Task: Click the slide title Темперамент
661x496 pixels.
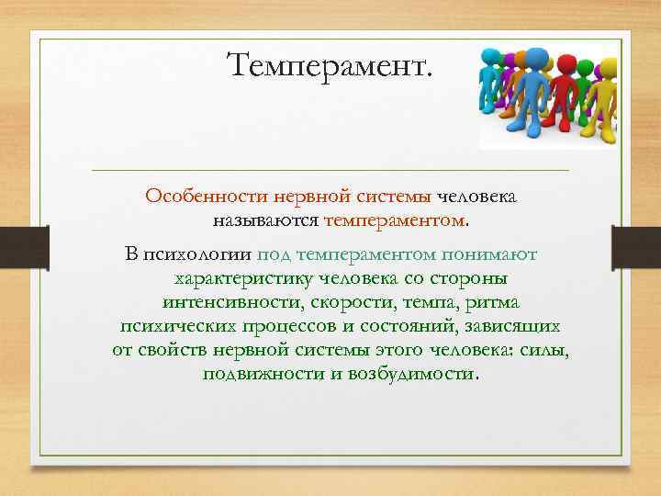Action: pyautogui.click(x=332, y=65)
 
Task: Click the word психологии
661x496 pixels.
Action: pyautogui.click(x=196, y=253)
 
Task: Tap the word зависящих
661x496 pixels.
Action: pyautogui.click(x=510, y=327)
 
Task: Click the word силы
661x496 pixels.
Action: pyautogui.click(x=543, y=352)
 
